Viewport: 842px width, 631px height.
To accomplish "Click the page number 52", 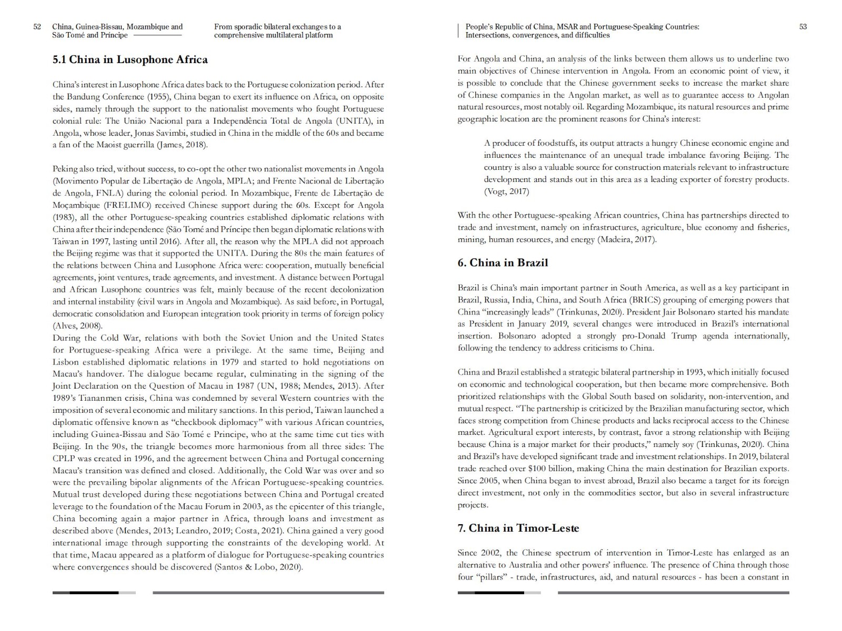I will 37,27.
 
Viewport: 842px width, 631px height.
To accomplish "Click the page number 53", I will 803,27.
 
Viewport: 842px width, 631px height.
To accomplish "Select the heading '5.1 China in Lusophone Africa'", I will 130,59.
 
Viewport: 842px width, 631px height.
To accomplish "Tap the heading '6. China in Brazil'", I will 503,263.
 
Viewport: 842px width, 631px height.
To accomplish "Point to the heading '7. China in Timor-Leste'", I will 518,528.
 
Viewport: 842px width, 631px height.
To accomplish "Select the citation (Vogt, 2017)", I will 506,191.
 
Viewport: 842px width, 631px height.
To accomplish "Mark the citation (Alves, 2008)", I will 77,326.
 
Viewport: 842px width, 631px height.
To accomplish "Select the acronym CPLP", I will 64,459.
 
